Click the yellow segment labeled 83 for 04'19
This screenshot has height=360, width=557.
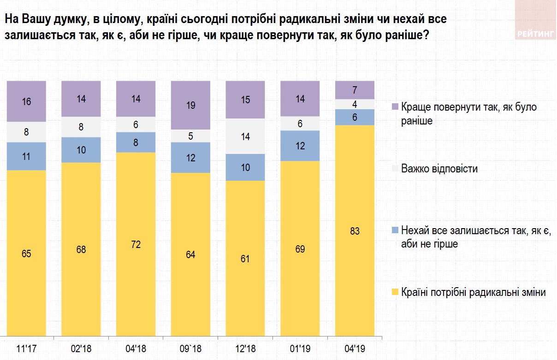355,230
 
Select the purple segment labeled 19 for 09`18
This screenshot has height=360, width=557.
190,105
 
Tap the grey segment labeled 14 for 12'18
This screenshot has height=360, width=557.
245,136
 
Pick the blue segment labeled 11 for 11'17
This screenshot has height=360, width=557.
26,156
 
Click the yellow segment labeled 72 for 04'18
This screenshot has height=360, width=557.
136,244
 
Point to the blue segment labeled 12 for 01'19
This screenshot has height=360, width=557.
300,146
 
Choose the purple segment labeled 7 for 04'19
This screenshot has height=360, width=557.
355,90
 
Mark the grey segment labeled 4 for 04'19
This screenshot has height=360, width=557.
355,104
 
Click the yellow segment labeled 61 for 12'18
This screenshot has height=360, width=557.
245,258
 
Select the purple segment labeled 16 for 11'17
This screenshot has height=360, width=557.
26,101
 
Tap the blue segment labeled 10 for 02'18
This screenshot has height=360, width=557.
81,150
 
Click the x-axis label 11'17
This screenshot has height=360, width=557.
26,348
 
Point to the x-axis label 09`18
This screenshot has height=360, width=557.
190,348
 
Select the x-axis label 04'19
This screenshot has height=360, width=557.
355,348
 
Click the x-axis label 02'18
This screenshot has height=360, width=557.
81,348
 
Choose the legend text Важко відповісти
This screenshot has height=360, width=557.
439,169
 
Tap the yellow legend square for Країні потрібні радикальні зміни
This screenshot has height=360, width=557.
394,292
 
